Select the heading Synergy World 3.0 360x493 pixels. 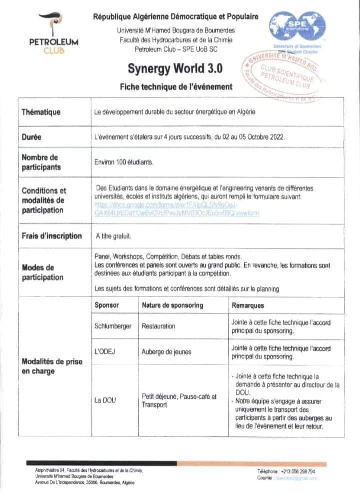click(176, 68)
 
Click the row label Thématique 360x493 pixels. click(41, 112)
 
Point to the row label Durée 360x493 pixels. click(31, 136)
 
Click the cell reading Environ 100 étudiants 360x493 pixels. click(124, 162)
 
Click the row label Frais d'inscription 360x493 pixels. click(51, 236)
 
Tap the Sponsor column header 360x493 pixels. click(106, 305)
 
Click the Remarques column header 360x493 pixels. click(248, 305)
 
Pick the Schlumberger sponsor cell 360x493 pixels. click(113, 326)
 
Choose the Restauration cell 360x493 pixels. click(159, 326)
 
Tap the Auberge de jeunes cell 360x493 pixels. click(167, 352)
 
